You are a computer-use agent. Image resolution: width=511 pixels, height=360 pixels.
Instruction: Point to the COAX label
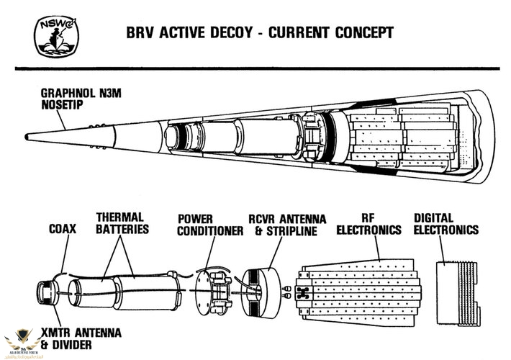pyautogui.click(x=63, y=230)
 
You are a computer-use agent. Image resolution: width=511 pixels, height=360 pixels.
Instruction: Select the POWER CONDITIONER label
pyautogui.click(x=209, y=224)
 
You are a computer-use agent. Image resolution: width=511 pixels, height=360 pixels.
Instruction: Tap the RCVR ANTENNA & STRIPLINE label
pyautogui.click(x=287, y=224)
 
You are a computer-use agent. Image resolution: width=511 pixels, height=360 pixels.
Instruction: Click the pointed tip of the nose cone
pyautogui.click(x=27, y=135)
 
